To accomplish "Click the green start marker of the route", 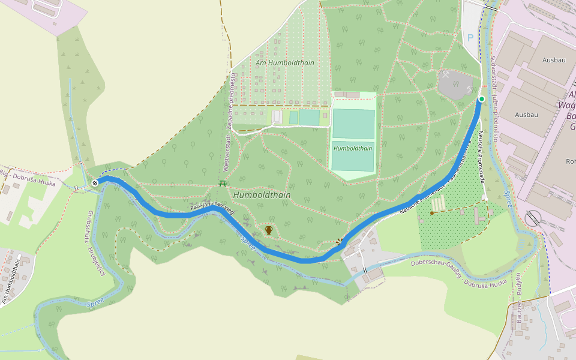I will coord(481,99).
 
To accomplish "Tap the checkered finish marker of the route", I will coord(95,183).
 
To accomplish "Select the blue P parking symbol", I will coord(470,37).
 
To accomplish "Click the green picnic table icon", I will coord(223,183).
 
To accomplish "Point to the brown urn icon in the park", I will coord(269,230).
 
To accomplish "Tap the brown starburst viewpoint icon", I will coord(340,242).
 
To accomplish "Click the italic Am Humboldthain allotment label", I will coord(284,62).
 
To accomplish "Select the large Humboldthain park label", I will coord(262,195).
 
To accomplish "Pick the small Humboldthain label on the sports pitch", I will coord(353,148).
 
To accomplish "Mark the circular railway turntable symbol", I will coord(532,218).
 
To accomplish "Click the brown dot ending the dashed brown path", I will coord(432,212).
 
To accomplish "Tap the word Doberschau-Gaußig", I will coord(436,263).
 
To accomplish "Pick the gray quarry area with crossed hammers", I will coord(456,85).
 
